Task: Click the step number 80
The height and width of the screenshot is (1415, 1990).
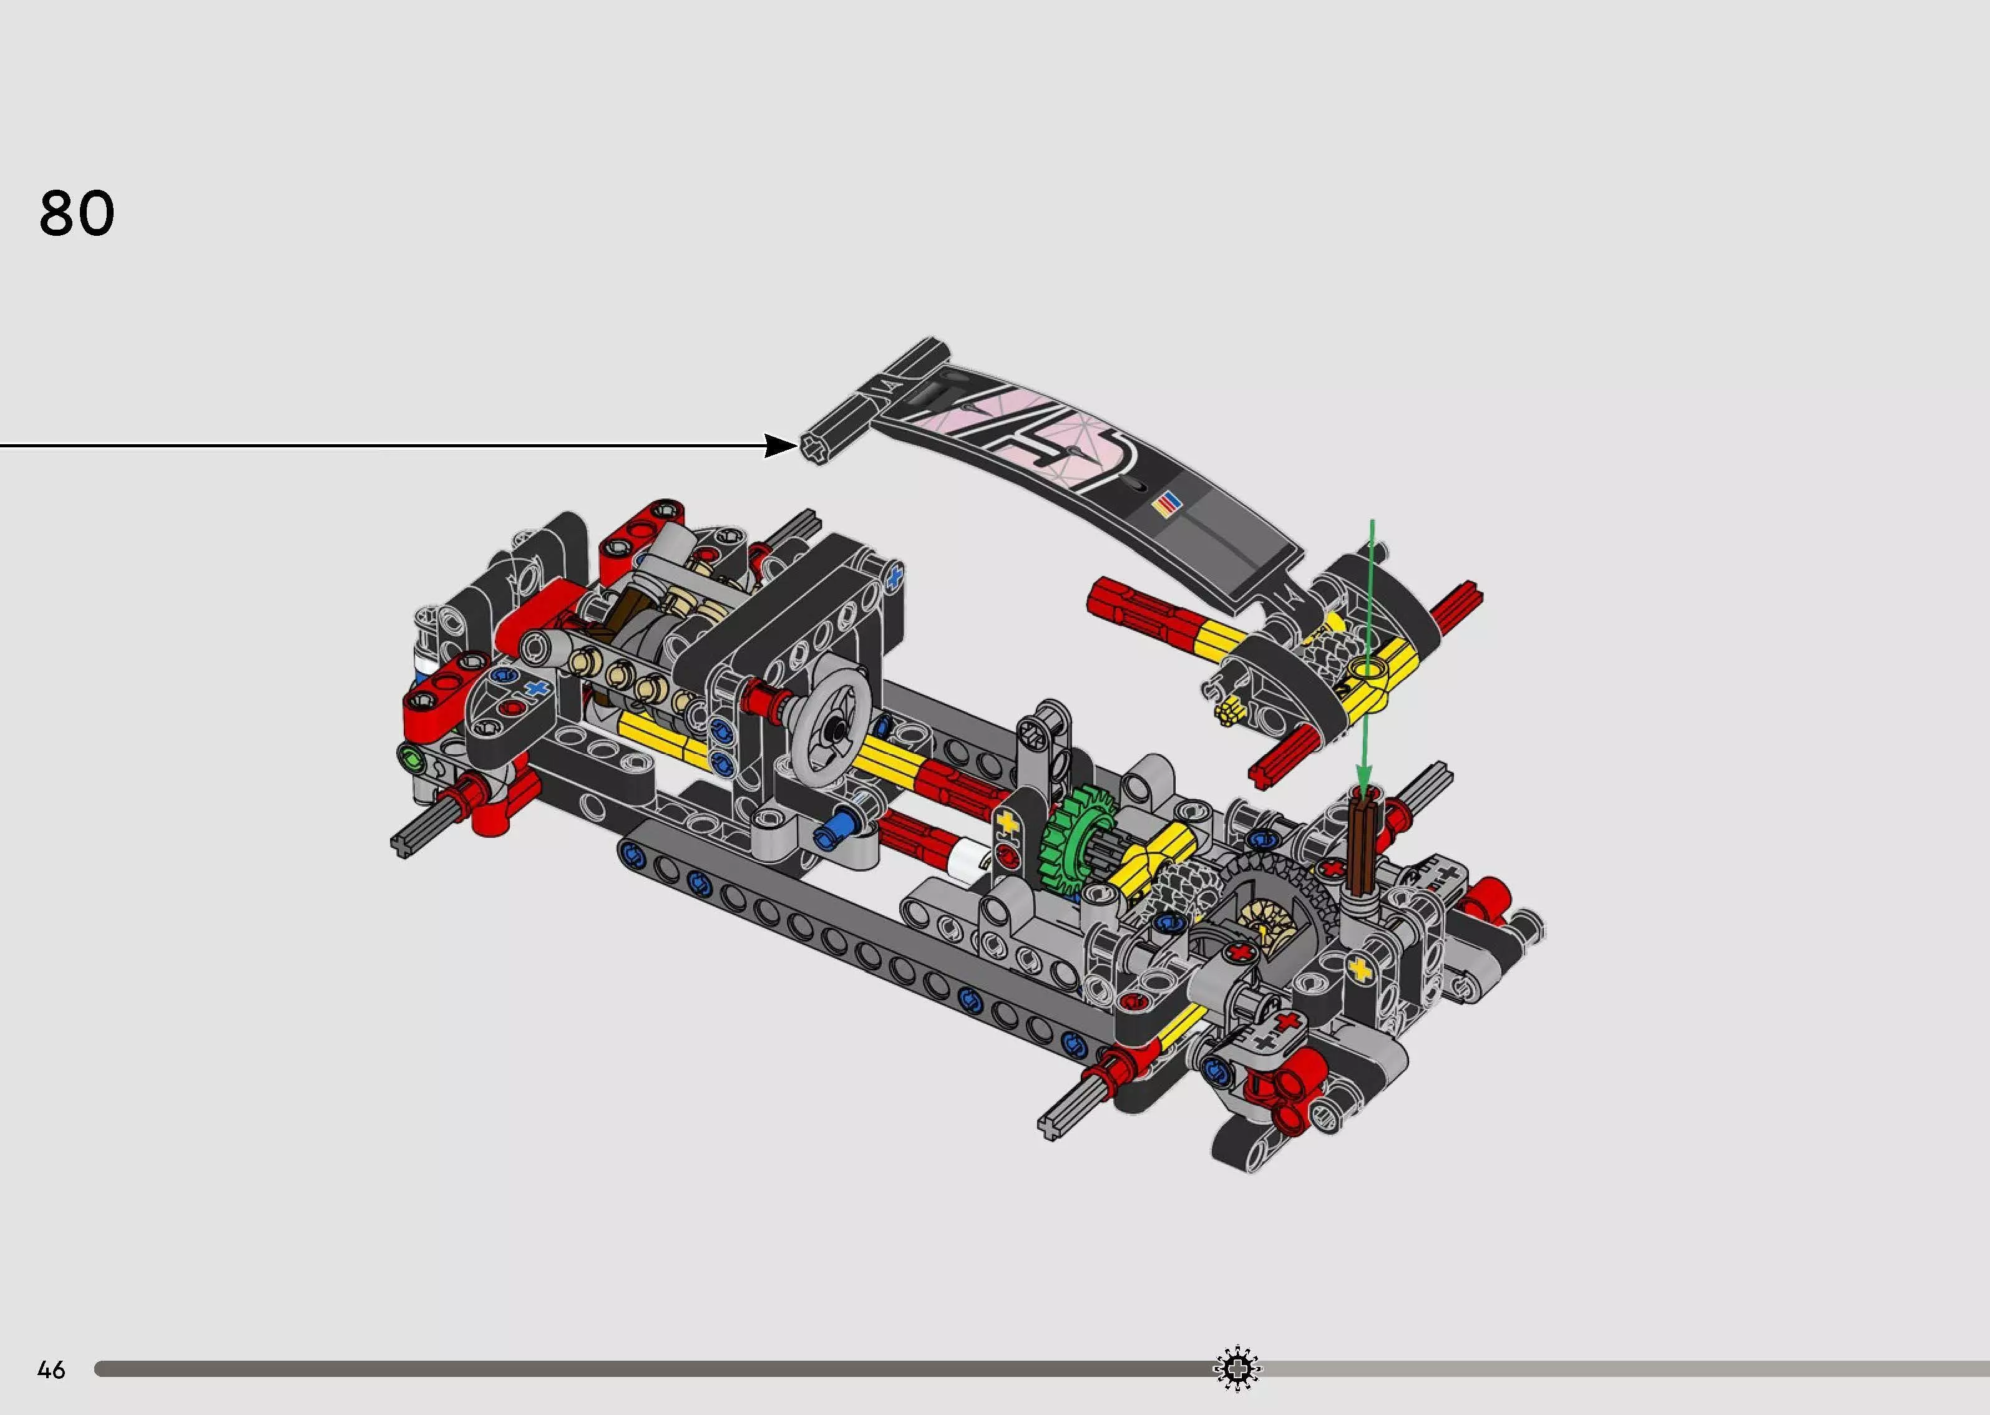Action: tap(77, 213)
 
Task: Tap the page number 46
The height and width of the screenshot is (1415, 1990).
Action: tap(51, 1369)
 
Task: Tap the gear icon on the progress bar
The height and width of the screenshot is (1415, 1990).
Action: tap(1236, 1369)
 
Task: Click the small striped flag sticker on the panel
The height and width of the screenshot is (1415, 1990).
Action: tap(1168, 503)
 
